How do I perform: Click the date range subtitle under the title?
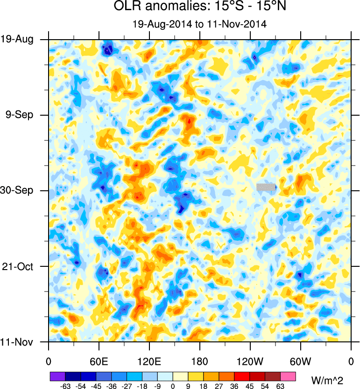199,25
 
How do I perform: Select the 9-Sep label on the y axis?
19,115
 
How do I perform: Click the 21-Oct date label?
19,266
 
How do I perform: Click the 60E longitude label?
99,361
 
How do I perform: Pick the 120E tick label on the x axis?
149,361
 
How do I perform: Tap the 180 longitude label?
200,361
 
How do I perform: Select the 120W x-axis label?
250,361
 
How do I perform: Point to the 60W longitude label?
300,361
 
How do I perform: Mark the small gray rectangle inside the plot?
266,187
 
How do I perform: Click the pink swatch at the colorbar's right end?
289,376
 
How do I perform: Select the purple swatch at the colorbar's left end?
57,376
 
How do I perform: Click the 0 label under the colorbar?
173,386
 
